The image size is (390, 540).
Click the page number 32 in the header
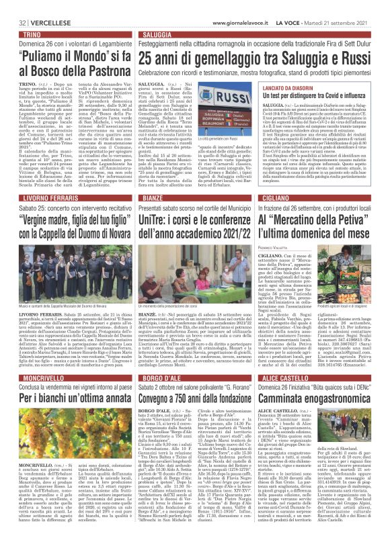13,5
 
